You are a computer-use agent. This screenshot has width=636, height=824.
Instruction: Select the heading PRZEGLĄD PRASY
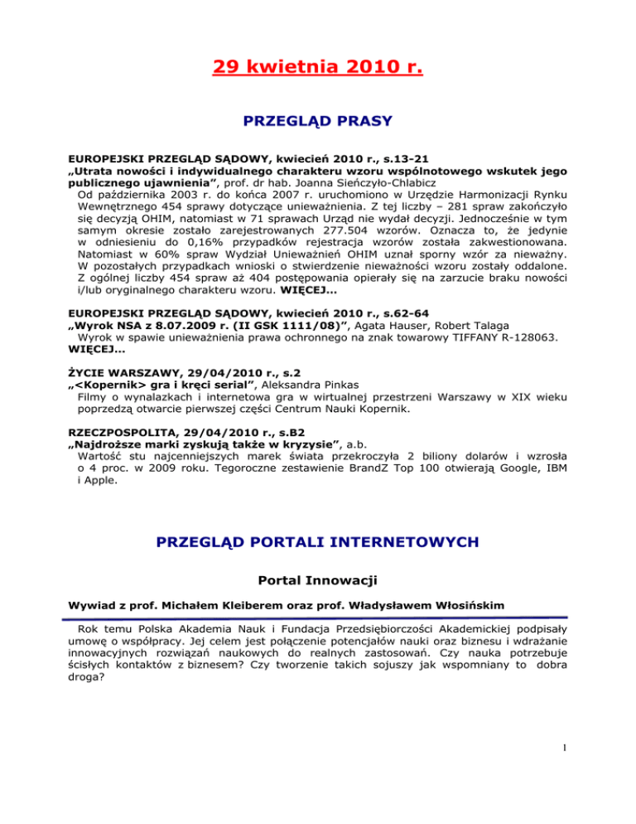coord(318,122)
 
